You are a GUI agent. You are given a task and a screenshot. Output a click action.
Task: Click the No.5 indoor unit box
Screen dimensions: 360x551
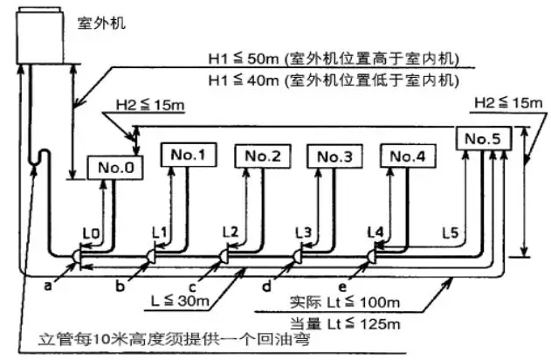click(482, 137)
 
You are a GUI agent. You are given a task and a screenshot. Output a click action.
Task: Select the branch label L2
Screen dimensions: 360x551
click(231, 232)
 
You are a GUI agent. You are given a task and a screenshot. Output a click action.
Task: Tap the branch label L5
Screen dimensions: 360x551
click(450, 233)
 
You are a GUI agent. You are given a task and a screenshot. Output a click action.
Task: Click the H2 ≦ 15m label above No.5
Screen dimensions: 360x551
click(505, 102)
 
